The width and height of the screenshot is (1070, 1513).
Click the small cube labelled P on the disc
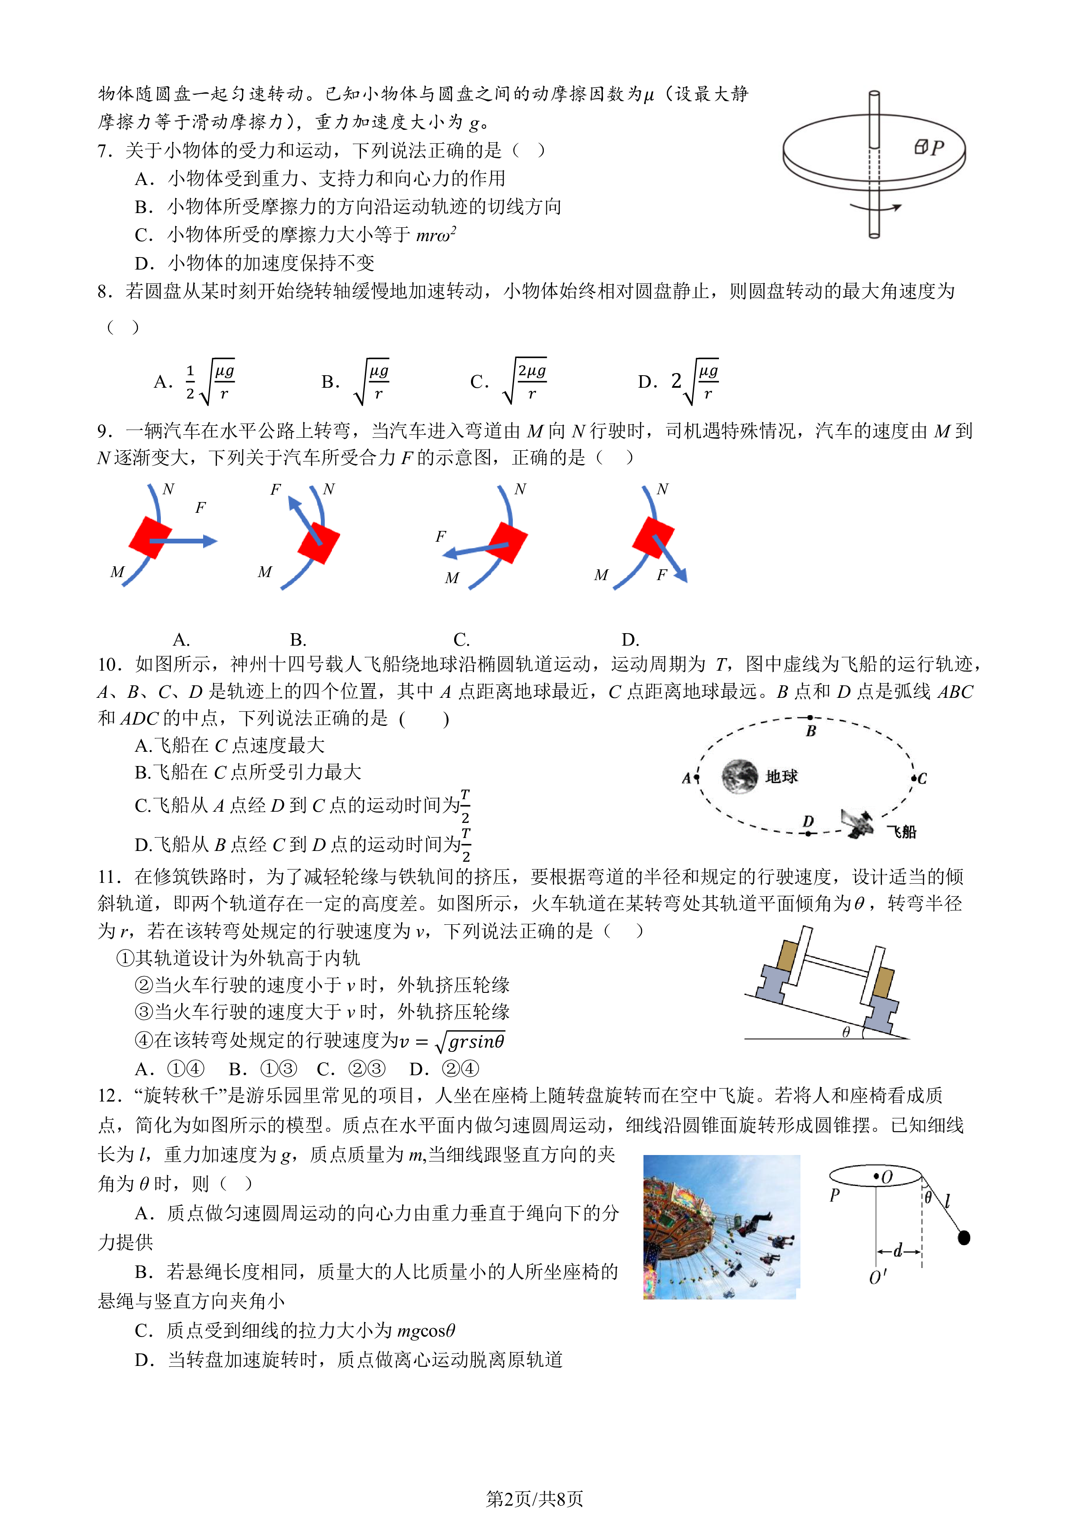(x=921, y=147)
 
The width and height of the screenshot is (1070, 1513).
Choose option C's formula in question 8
(x=524, y=381)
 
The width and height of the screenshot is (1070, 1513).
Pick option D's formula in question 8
(x=695, y=381)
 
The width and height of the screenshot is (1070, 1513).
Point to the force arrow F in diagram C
(x=475, y=549)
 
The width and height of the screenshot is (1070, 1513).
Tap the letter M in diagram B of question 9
(x=265, y=572)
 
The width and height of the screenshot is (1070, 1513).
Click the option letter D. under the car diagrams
(x=630, y=639)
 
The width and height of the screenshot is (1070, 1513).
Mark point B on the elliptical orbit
(x=810, y=718)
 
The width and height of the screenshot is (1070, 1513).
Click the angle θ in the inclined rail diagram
(x=846, y=1032)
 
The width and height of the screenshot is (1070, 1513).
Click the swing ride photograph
(x=722, y=1227)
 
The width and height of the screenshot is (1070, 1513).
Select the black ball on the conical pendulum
(x=964, y=1237)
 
